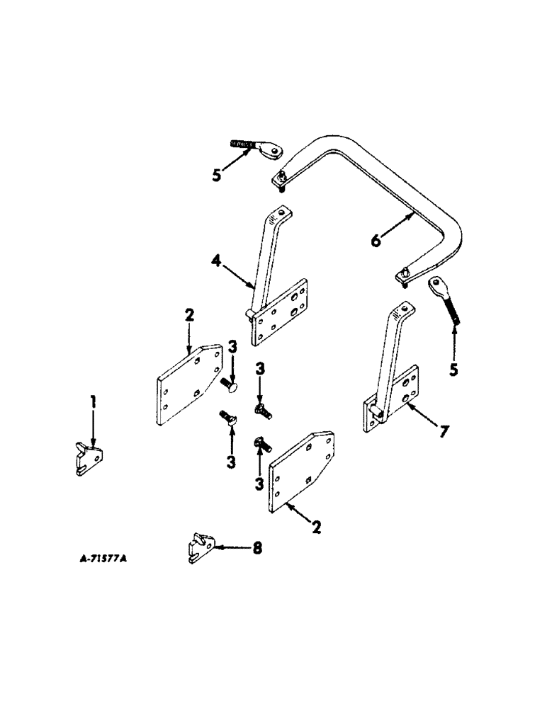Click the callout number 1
click(93, 406)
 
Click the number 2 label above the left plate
click(188, 316)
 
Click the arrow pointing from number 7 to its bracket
click(418, 419)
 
